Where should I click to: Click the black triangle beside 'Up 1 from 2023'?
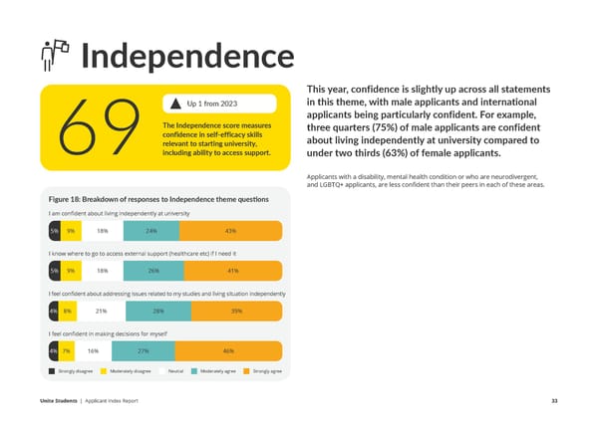pyautogui.click(x=176, y=105)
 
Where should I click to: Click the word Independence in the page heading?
pyautogui.click(x=186, y=57)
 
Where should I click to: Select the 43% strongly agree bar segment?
pyautogui.click(x=230, y=231)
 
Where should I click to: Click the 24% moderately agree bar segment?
pyautogui.click(x=151, y=231)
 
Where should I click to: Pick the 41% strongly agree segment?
pyautogui.click(x=232, y=271)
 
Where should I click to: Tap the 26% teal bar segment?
pyautogui.click(x=153, y=271)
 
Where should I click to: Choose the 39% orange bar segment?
pyautogui.click(x=236, y=312)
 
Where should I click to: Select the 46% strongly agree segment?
pyautogui.click(x=228, y=351)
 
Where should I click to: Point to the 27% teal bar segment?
pyautogui.click(x=145, y=351)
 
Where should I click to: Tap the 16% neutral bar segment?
pyautogui.click(x=93, y=351)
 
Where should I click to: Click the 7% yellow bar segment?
pyautogui.click(x=65, y=351)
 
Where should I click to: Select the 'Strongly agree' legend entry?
pyautogui.click(x=264, y=370)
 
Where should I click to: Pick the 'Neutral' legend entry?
pyautogui.click(x=175, y=370)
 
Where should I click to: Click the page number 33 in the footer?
pyautogui.click(x=554, y=401)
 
